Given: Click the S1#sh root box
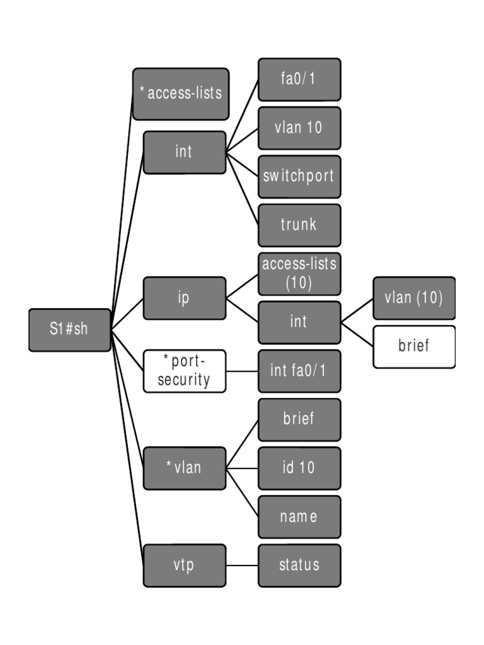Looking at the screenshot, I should tap(70, 329).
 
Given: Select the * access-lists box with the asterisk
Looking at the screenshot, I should tap(180, 94).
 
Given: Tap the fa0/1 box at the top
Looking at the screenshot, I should tap(299, 79).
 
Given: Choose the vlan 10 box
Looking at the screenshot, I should tap(299, 128).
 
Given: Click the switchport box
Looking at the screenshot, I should tap(299, 176).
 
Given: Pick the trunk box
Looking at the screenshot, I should tap(299, 225).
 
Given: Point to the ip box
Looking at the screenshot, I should tap(184, 298).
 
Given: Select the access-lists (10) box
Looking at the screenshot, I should tap(299, 273).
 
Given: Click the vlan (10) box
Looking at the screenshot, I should tap(414, 298).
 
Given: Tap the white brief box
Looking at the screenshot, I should tap(414, 346).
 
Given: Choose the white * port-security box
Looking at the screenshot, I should tap(184, 371).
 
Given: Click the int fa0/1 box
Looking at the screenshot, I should tap(299, 371).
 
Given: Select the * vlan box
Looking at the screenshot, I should tap(184, 468).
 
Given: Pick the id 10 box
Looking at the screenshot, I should tap(299, 468).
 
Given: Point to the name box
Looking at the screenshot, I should tap(299, 517).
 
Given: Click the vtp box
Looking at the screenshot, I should tap(184, 565).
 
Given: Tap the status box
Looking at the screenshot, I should tap(299, 565).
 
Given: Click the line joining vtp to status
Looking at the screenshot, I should tap(242, 565).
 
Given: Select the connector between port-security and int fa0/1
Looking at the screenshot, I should tap(242, 371).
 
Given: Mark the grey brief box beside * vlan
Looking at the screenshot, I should tap(299, 420).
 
